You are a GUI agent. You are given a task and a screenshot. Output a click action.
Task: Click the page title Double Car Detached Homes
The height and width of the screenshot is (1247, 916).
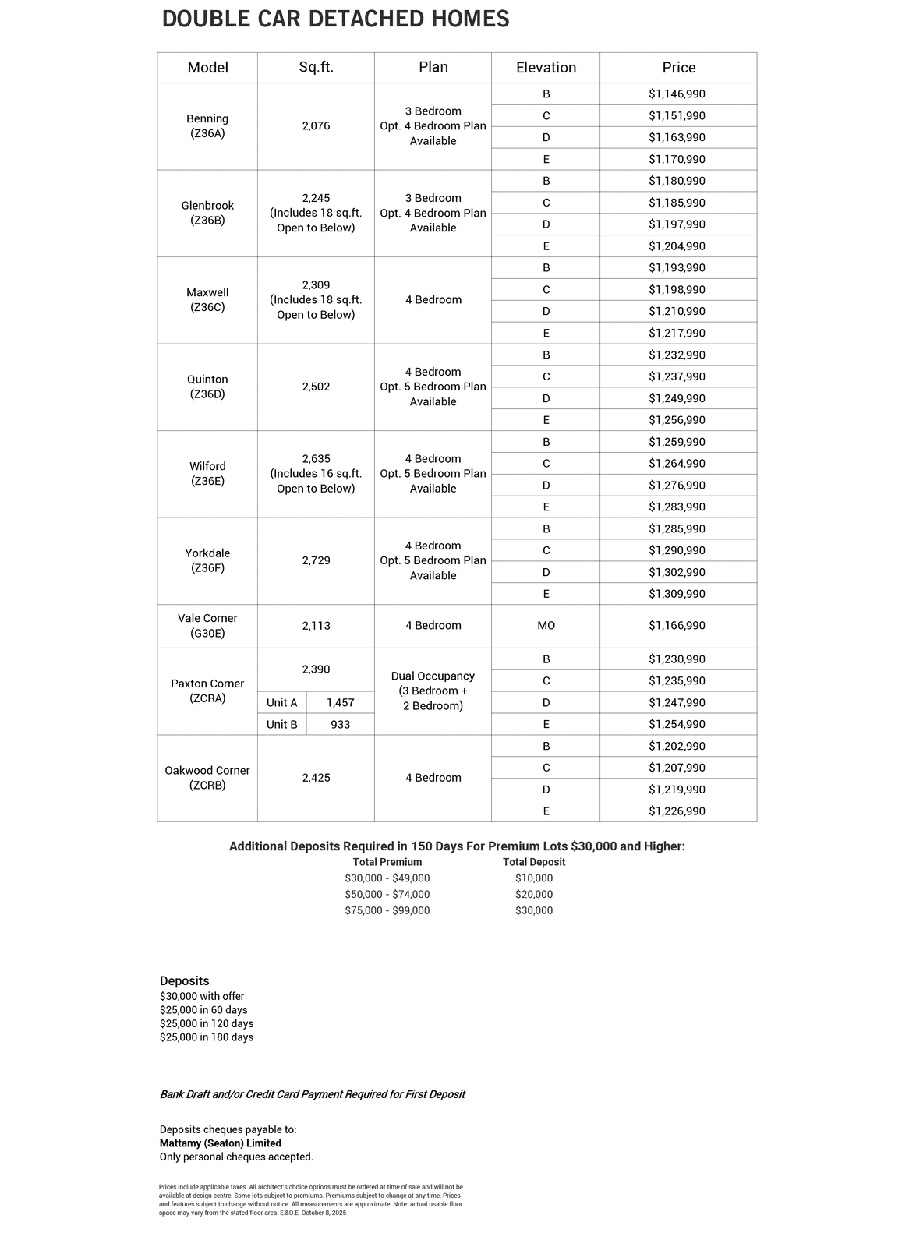tap(335, 19)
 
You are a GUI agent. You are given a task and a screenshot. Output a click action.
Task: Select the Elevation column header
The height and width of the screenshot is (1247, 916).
tap(546, 68)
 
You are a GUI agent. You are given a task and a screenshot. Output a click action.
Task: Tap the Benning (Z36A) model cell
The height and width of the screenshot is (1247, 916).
tap(207, 126)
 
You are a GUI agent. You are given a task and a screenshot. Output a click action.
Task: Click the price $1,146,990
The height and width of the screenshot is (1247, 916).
tap(677, 94)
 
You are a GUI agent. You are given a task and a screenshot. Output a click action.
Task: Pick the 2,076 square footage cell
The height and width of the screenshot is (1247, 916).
tap(316, 126)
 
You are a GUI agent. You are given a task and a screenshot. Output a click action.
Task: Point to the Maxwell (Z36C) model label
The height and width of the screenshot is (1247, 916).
tap(207, 300)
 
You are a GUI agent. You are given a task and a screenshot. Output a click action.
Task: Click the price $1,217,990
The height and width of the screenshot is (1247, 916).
tap(677, 333)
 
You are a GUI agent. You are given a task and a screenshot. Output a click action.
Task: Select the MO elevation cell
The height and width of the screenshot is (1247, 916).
tap(546, 626)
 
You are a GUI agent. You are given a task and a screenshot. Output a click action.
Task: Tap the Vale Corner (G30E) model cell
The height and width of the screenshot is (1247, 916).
tap(207, 626)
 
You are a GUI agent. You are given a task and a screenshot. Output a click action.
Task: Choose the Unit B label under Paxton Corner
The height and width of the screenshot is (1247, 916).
tap(282, 725)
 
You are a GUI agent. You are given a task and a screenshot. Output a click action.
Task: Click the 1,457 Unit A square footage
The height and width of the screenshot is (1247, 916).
tap(340, 703)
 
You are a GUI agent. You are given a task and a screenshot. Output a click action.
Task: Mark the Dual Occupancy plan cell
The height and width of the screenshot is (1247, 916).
tap(433, 691)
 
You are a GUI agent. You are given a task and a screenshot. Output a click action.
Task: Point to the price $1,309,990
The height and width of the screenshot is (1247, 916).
tap(677, 594)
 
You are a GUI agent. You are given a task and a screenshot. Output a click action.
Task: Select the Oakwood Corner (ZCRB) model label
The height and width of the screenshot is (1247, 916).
tap(207, 778)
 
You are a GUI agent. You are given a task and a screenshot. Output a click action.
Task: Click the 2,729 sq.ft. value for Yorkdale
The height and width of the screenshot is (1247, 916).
tap(316, 560)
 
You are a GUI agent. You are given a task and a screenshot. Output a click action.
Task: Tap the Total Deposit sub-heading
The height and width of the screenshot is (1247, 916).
tap(534, 862)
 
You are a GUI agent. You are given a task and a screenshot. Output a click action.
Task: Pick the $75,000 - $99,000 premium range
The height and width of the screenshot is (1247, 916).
tap(387, 910)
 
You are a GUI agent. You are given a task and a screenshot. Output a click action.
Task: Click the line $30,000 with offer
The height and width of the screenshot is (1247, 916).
tap(202, 996)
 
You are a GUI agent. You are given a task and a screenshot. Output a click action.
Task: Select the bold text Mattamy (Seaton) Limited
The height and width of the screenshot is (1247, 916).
tap(221, 1143)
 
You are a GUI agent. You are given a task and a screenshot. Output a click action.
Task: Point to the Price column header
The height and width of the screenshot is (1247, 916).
tap(678, 68)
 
